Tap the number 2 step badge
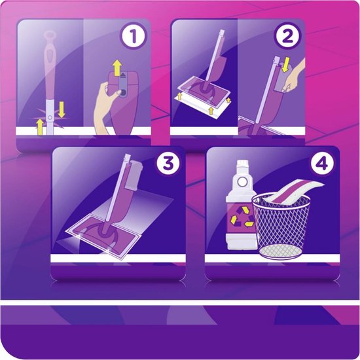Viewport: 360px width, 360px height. (x=285, y=37)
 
